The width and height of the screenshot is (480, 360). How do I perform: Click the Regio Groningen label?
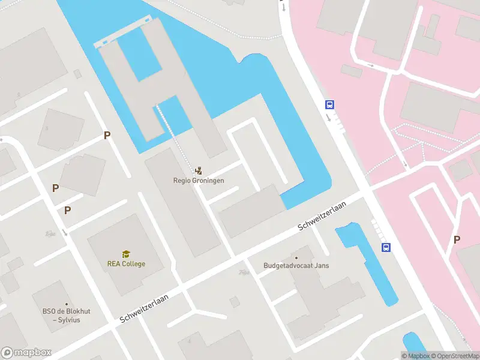[x=199, y=180]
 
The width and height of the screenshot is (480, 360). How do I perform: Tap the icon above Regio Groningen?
[x=199, y=170]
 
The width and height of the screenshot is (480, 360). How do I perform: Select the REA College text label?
[x=126, y=263]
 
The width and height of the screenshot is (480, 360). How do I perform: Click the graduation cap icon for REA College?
[x=126, y=254]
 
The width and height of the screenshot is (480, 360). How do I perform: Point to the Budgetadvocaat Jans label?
[x=296, y=266]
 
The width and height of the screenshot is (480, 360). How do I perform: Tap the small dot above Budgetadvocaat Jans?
[x=295, y=257]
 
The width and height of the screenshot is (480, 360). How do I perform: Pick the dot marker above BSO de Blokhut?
[x=67, y=304]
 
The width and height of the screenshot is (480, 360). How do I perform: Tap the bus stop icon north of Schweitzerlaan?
[x=329, y=104]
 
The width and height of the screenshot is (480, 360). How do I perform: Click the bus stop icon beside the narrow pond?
[x=386, y=247]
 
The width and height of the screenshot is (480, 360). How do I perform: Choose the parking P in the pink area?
[x=457, y=239]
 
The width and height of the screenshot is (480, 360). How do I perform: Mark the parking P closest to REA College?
[x=68, y=210]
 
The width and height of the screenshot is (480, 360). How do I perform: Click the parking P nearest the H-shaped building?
[x=107, y=136]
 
